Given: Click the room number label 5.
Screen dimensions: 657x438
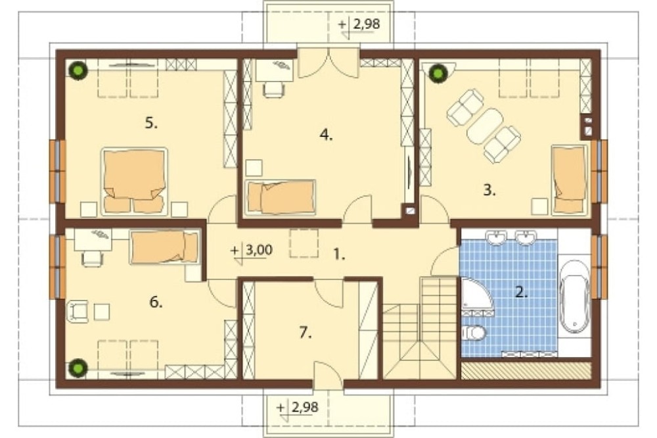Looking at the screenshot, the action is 151,124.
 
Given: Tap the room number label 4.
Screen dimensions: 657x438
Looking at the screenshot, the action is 326,135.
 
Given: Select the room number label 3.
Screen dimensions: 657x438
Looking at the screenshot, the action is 489,190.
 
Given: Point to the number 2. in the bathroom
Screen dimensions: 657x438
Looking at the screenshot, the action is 521,292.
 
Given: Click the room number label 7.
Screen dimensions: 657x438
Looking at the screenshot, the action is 306,333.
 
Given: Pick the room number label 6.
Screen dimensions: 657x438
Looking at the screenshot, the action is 156,302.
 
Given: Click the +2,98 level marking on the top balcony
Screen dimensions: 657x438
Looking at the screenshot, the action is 359,25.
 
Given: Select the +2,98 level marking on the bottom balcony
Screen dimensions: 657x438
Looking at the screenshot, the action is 298,408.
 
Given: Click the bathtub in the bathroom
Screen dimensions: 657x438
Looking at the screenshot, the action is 575,297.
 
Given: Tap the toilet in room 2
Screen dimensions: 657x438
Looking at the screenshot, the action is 474,333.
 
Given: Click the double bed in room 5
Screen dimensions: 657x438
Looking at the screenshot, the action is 134,182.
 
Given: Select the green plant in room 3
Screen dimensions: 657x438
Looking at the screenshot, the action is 438,74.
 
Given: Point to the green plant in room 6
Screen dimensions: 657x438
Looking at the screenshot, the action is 78,368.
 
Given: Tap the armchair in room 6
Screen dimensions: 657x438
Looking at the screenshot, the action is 78,312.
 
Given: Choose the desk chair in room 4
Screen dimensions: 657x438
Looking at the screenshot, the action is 273,89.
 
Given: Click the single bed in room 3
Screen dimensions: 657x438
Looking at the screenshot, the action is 570,180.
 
